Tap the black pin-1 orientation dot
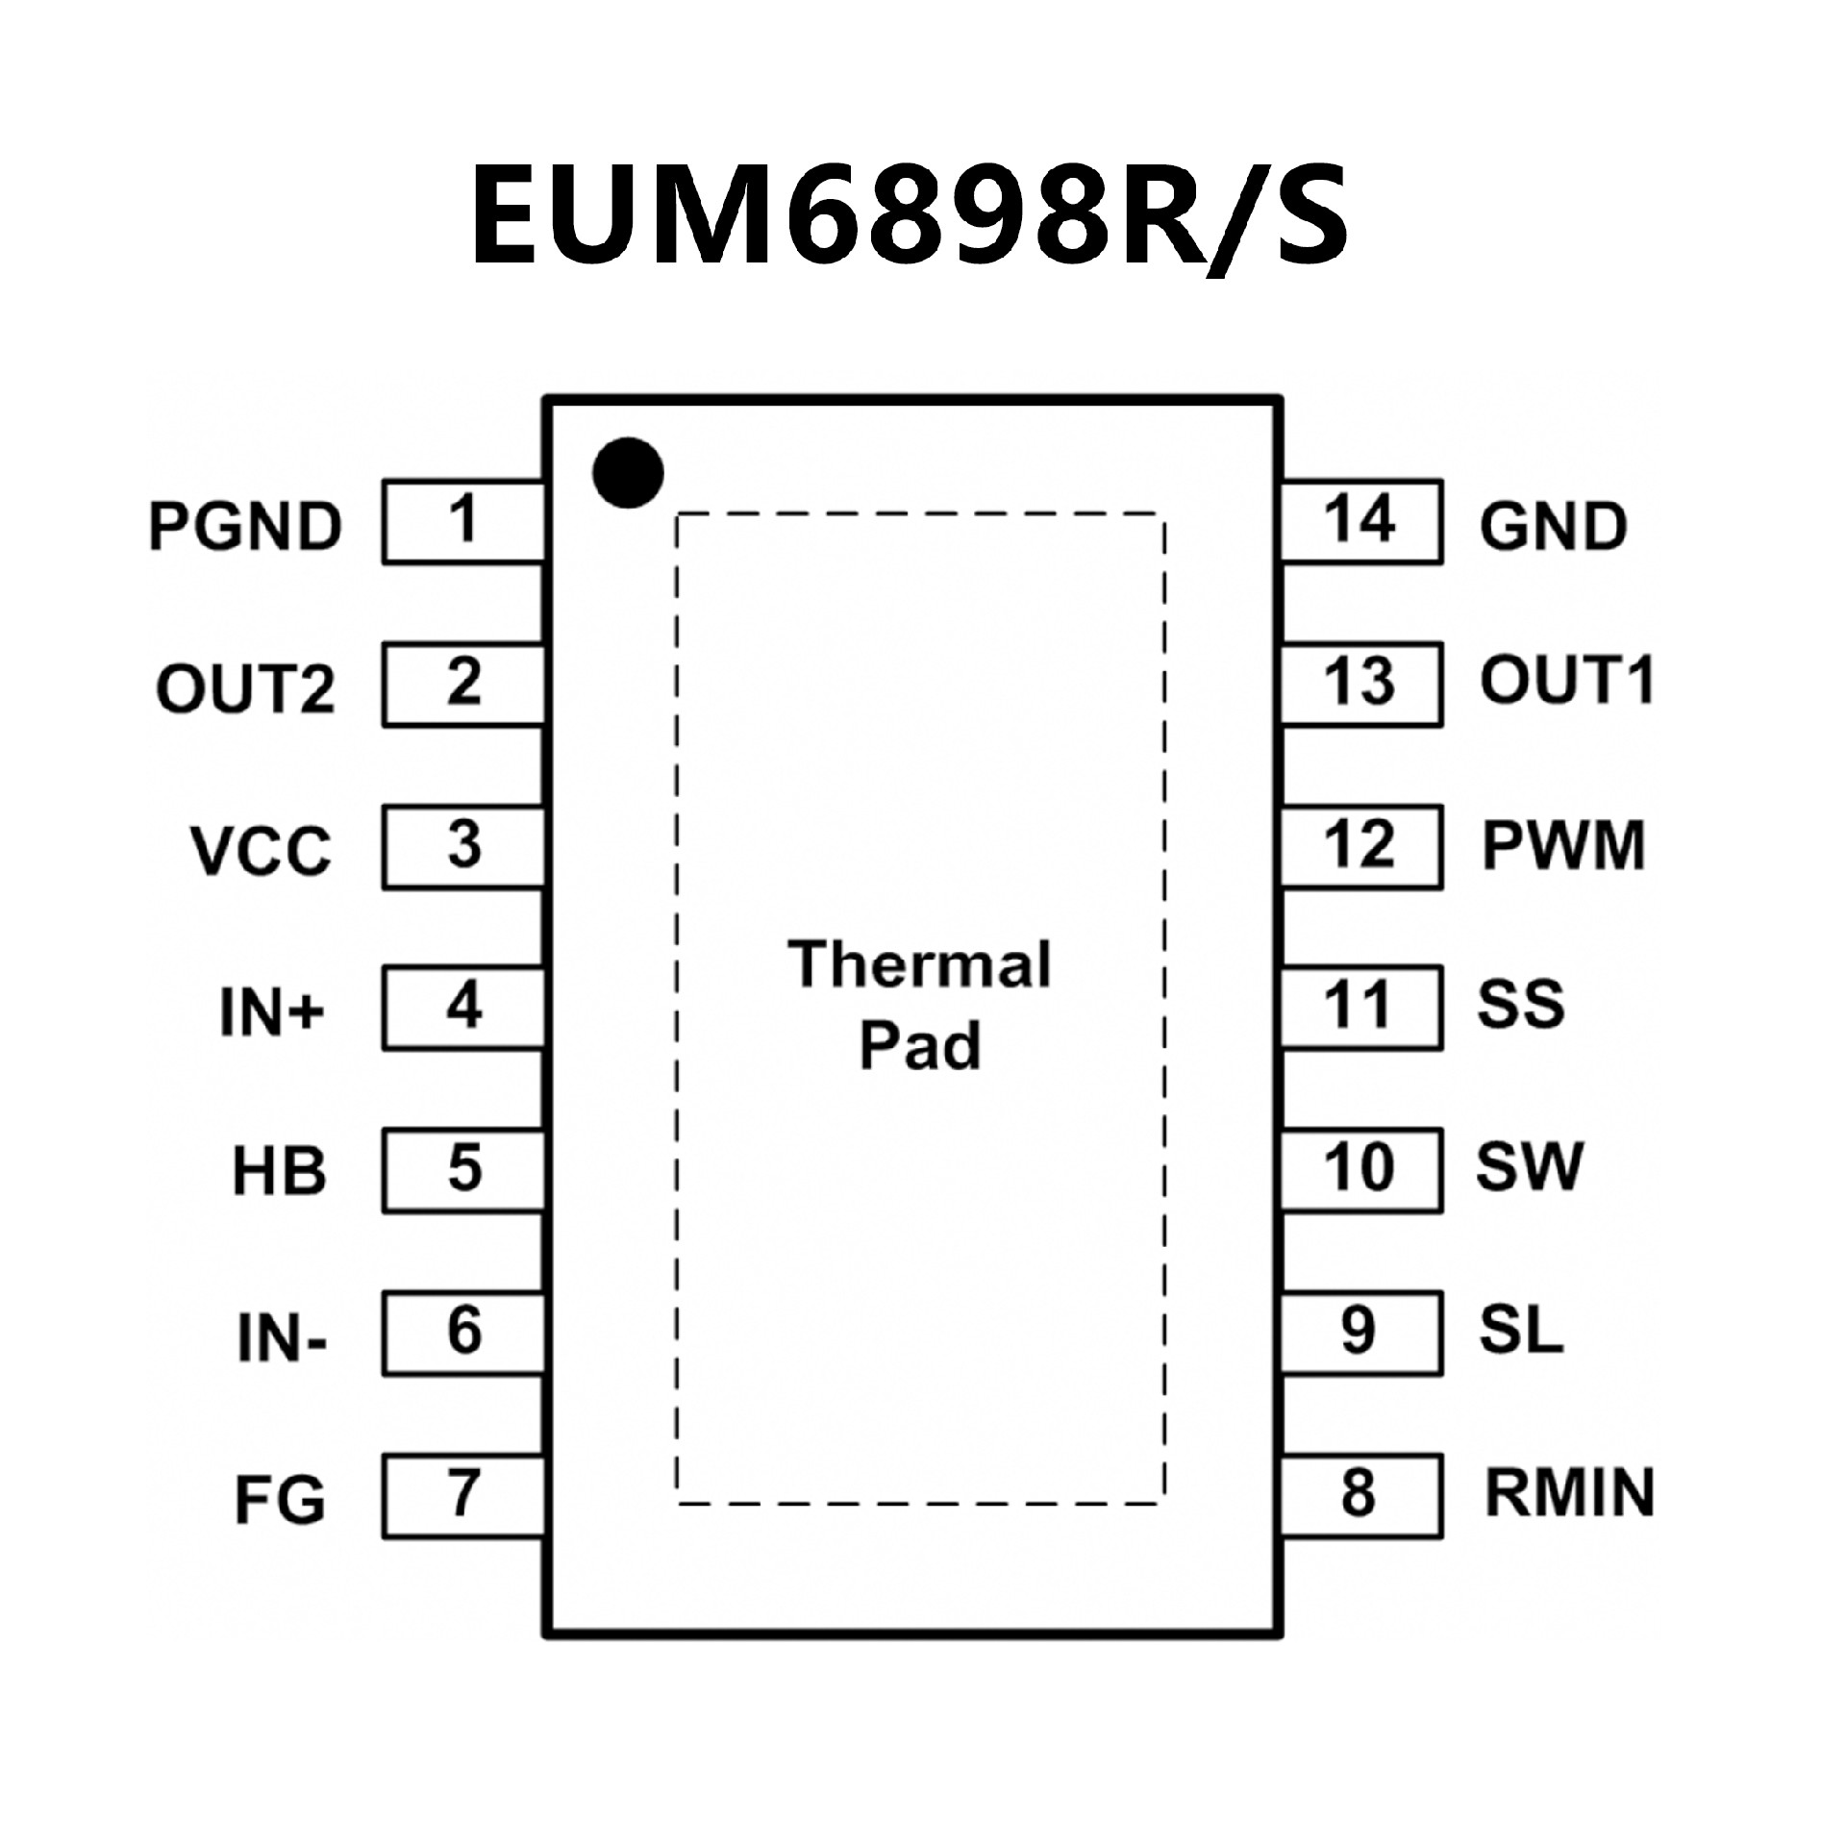click(x=628, y=473)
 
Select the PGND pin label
click(x=245, y=527)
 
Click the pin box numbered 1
click(x=463, y=521)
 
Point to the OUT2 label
click(x=245, y=688)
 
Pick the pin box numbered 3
click(x=463, y=846)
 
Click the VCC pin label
click(x=261, y=851)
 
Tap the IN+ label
click(x=273, y=1012)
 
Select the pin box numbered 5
click(x=463, y=1170)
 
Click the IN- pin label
click(x=282, y=1337)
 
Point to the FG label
click(x=280, y=1500)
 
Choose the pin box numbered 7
click(x=463, y=1494)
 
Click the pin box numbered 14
click(x=1360, y=521)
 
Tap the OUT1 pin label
click(x=1566, y=681)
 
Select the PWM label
click(x=1563, y=846)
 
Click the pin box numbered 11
click(x=1360, y=1008)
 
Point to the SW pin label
click(x=1529, y=1167)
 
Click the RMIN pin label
click(x=1569, y=1493)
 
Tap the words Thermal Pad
click(x=920, y=1006)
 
